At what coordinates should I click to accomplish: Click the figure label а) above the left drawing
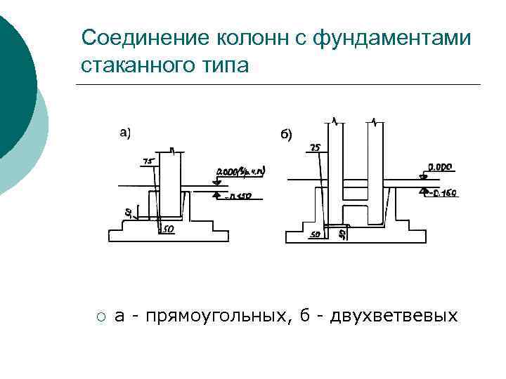125,131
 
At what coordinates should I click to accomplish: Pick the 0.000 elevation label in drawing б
440,168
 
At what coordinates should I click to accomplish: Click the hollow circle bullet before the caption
101,317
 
